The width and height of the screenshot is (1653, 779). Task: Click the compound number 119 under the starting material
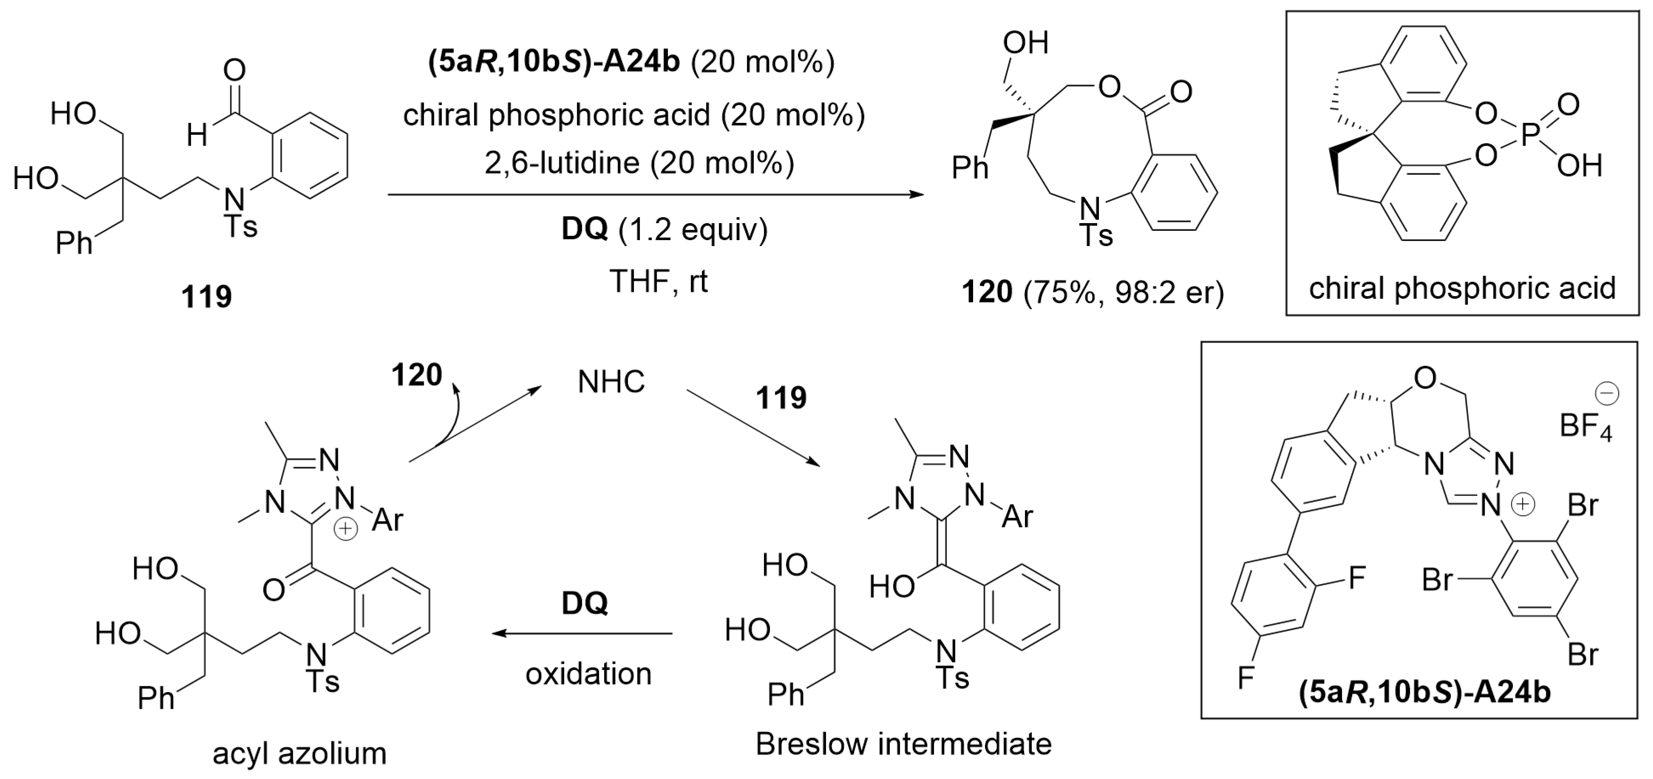point(206,297)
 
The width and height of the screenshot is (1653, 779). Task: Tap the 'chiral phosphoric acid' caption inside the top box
point(1462,289)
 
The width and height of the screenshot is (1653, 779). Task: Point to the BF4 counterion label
point(1585,425)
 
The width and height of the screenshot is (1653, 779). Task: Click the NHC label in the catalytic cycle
point(611,382)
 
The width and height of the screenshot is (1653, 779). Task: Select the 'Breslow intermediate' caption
point(903,744)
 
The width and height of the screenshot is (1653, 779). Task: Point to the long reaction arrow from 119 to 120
point(654,194)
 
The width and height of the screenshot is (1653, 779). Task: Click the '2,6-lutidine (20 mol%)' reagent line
point(639,163)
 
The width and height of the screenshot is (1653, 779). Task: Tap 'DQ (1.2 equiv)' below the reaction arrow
point(664,229)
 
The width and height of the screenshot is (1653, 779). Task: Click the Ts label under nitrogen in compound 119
point(241,227)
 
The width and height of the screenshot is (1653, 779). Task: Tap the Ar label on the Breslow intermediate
point(1016,516)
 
